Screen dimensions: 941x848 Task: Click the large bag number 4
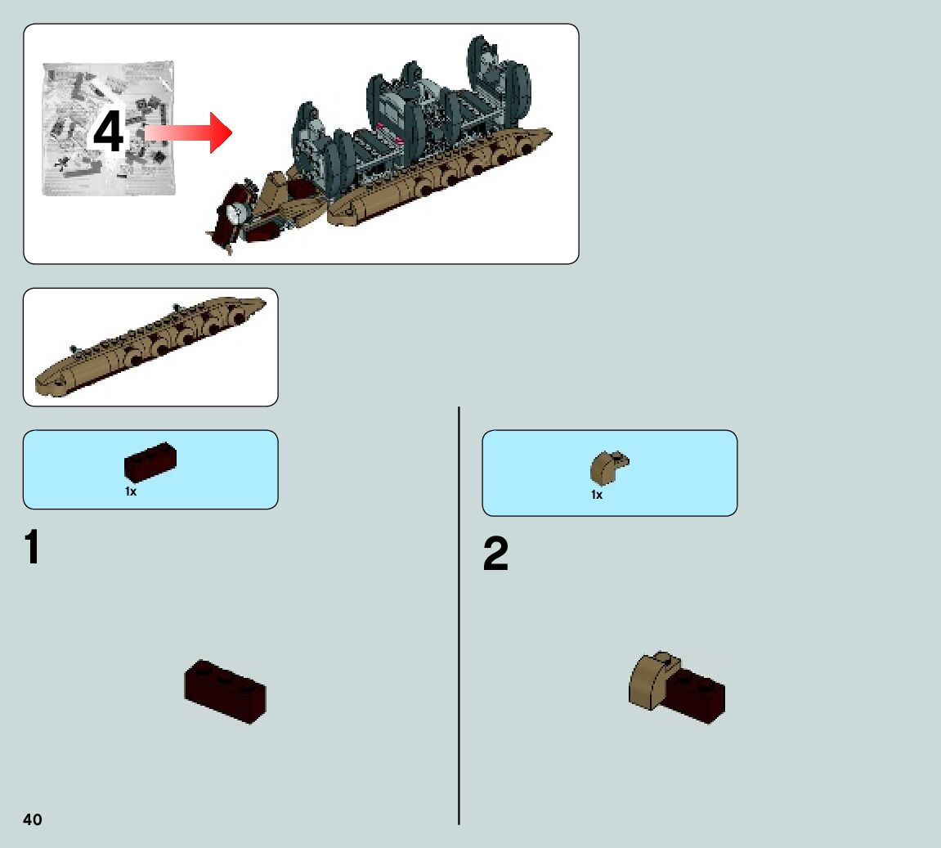pos(108,133)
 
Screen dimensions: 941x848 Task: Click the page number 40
pos(33,819)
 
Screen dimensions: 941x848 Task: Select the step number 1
pos(33,548)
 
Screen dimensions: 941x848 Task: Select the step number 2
pos(495,555)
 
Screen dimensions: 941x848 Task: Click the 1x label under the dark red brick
pos(131,491)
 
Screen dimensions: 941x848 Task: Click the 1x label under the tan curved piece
pos(597,495)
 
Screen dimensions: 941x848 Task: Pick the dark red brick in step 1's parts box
pos(150,463)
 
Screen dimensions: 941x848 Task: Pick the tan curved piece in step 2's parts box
pos(607,468)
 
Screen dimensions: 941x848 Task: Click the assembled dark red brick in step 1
pos(226,691)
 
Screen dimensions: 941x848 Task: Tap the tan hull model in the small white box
pos(151,348)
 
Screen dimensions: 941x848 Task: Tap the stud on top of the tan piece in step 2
pos(668,657)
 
